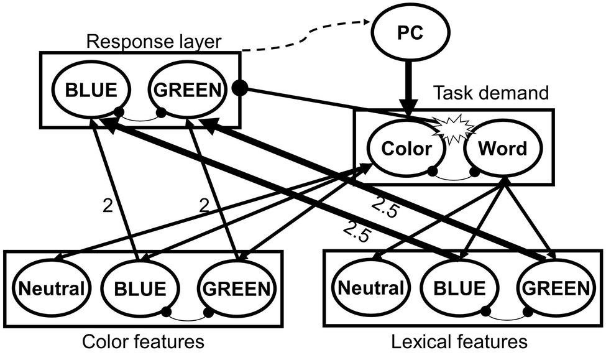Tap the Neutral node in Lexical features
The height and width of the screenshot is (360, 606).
tap(370, 288)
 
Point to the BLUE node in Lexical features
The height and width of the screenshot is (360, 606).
tap(459, 288)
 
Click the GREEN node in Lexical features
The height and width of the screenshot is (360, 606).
tap(554, 288)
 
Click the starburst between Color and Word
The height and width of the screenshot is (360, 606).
tap(455, 128)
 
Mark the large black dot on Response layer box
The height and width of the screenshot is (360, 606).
tap(238, 88)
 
